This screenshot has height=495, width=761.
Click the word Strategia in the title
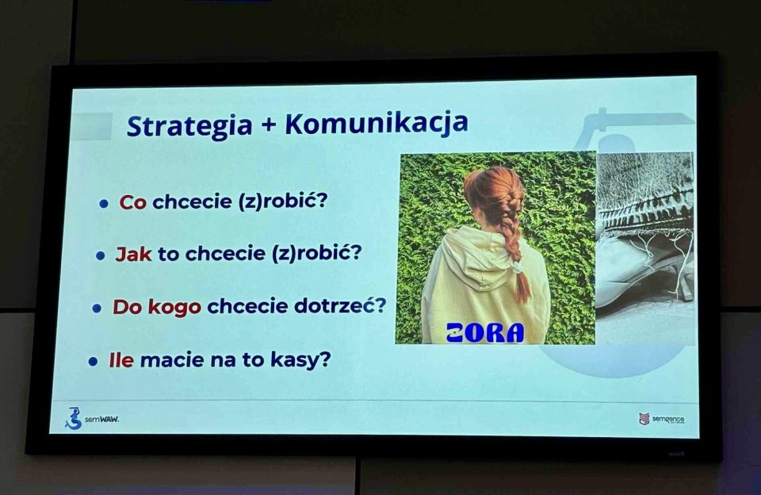(189, 126)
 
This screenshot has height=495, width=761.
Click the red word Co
(132, 202)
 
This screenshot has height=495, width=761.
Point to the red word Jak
(133, 254)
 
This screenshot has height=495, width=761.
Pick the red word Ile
(121, 360)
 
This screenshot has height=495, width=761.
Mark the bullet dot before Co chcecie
(103, 204)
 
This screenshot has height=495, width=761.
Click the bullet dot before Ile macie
(94, 362)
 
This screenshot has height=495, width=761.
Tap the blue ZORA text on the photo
(485, 332)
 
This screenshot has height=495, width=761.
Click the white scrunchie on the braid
(517, 267)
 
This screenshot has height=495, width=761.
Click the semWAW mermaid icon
(73, 418)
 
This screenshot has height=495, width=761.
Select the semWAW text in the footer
(101, 419)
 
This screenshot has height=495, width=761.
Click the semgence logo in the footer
(661, 419)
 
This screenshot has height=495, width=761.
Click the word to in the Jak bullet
(168, 254)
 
